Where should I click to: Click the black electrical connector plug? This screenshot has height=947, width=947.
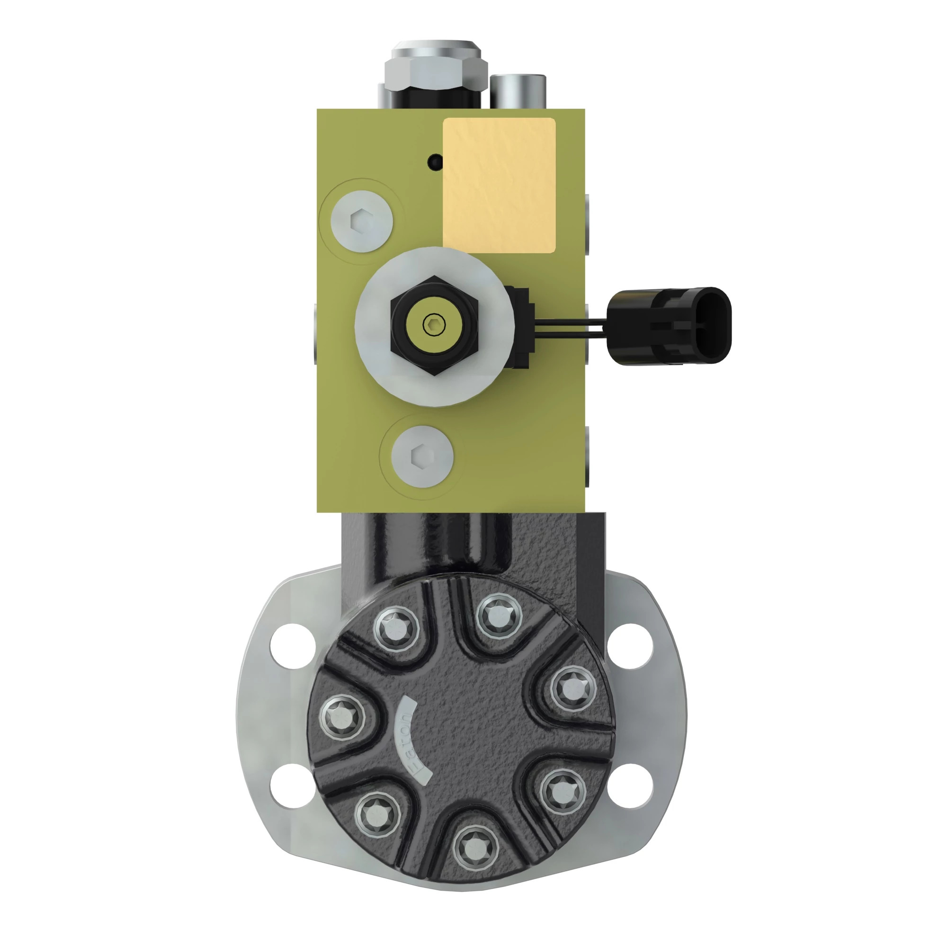pyautogui.click(x=670, y=325)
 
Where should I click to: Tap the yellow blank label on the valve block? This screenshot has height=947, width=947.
pyautogui.click(x=499, y=185)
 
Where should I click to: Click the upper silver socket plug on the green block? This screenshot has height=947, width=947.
pyautogui.click(x=362, y=221)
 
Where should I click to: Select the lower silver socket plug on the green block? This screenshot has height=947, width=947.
pyautogui.click(x=422, y=456)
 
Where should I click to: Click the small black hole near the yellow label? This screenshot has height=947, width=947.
pyautogui.click(x=434, y=162)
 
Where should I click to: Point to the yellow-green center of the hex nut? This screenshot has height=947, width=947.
pyautogui.click(x=434, y=324)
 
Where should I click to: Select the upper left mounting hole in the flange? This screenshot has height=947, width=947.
pyautogui.click(x=293, y=646)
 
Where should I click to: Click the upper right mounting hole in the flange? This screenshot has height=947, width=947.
pyautogui.click(x=631, y=646)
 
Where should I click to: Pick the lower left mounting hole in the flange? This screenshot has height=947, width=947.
pyautogui.click(x=293, y=786)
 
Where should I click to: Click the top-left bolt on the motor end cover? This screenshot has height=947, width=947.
pyautogui.click(x=396, y=629)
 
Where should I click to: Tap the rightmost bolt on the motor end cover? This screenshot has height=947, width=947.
pyautogui.click(x=572, y=688)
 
